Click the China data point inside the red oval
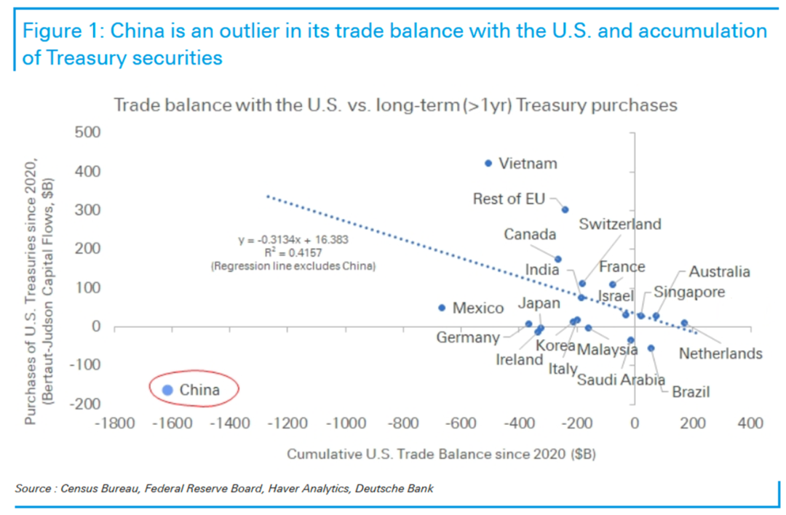tap(168, 390)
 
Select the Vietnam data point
tap(488, 164)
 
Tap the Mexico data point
tap(442, 308)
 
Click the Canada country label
tap(530, 234)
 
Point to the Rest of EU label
tap(509, 199)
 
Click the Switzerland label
tap(620, 224)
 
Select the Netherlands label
tap(720, 354)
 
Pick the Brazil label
tap(691, 392)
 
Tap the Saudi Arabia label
tap(621, 379)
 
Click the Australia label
tap(719, 272)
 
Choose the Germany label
tap(468, 338)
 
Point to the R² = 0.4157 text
tap(293, 252)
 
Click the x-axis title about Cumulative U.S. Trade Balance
tap(441, 455)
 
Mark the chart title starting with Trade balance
tap(396, 105)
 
